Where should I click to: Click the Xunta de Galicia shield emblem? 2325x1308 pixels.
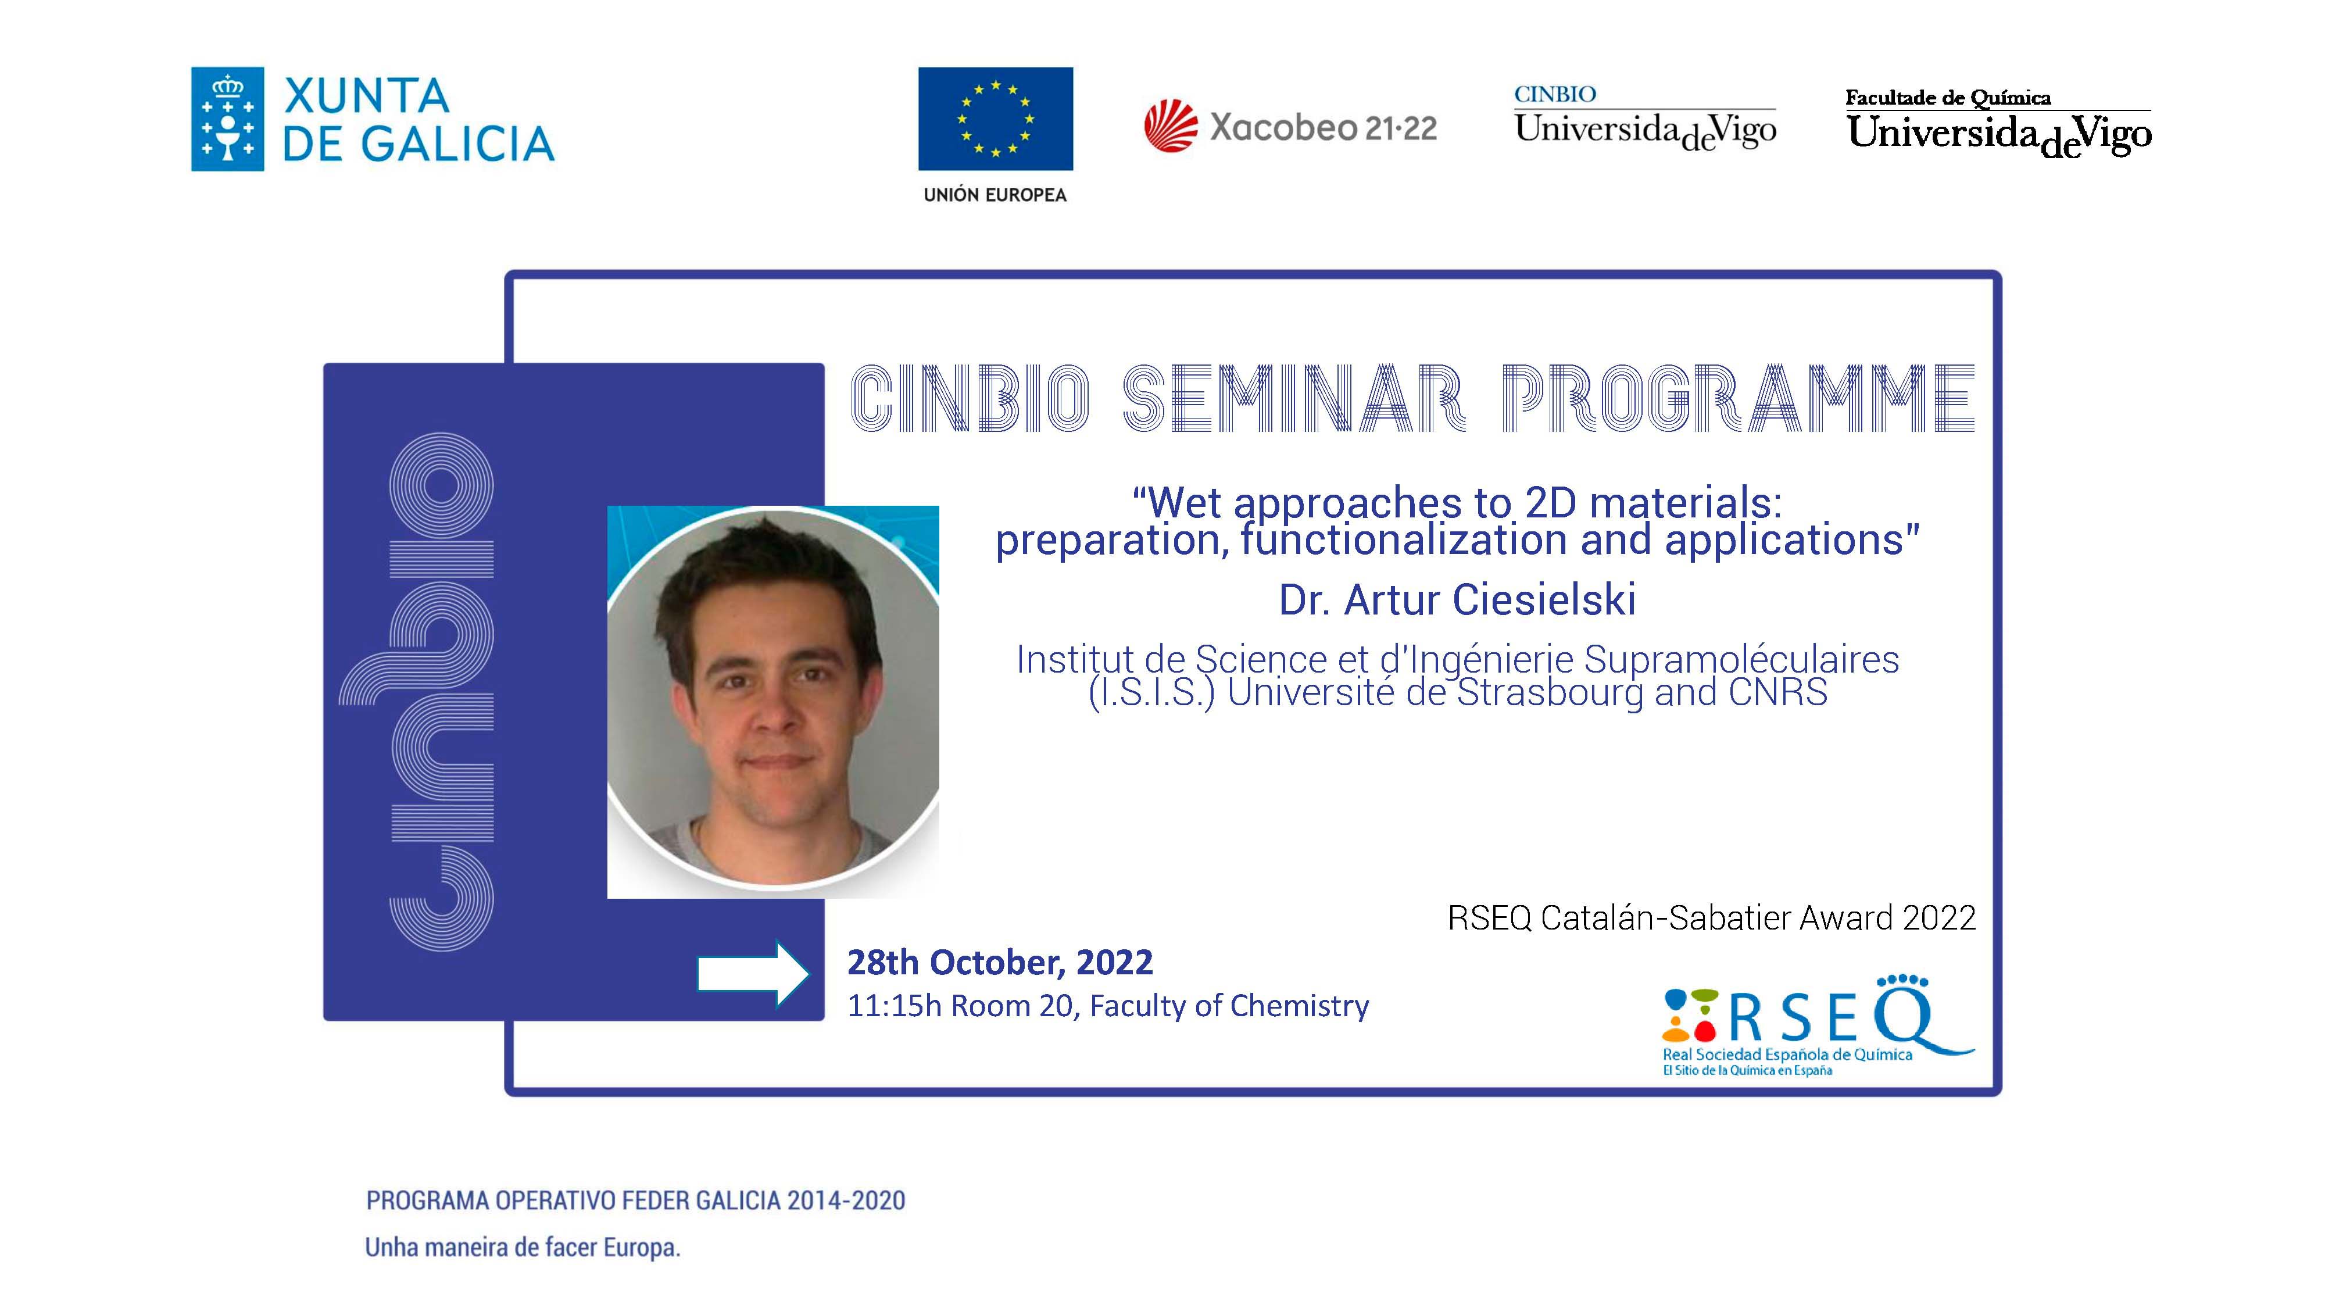(227, 119)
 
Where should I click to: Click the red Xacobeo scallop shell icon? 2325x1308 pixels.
(1171, 126)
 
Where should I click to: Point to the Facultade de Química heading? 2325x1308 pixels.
(1948, 98)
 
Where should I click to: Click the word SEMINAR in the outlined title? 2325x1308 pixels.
(1293, 398)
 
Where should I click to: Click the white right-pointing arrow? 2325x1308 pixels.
(754, 974)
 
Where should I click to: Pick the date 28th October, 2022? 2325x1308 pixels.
(999, 962)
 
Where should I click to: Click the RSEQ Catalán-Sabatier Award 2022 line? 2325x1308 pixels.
(1711, 918)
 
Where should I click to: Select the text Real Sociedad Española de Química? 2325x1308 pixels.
(1787, 1055)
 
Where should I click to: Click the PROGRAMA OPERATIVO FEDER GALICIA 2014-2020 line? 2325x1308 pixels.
(635, 1200)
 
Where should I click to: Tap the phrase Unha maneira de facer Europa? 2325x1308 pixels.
(523, 1248)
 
